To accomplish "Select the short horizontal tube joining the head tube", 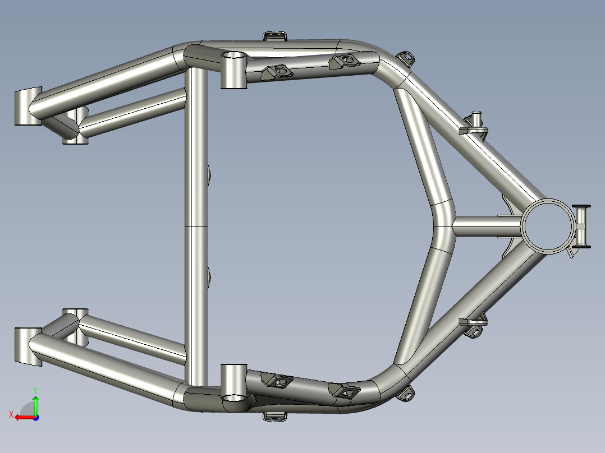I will (485, 227).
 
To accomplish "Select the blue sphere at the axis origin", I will (35, 417).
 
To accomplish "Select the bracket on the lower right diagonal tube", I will (474, 326).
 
